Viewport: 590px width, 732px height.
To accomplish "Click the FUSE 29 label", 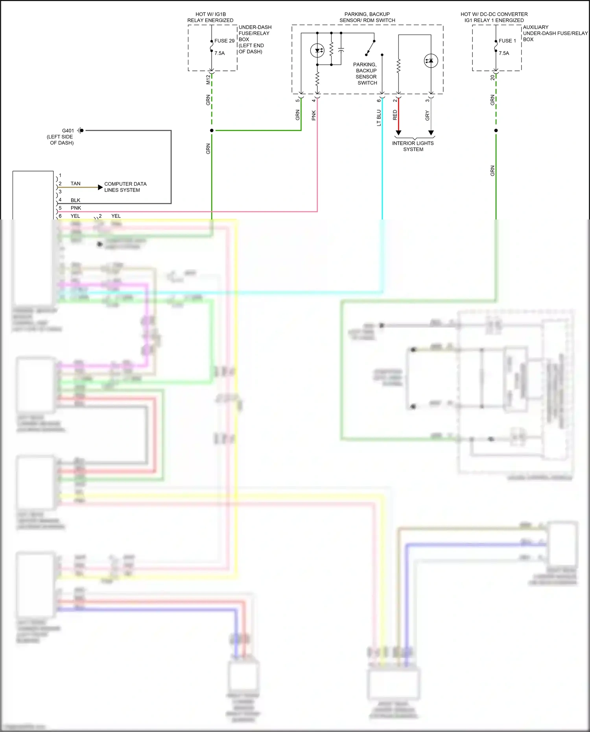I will tap(224, 41).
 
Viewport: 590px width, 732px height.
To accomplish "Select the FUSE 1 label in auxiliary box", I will tap(507, 41).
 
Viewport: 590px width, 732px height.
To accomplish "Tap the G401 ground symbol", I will tap(80, 130).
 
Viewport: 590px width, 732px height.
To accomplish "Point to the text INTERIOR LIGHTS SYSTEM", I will tap(413, 146).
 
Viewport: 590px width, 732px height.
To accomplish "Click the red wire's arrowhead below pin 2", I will tap(398, 133).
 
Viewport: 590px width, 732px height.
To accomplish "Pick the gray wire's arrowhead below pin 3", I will tap(431, 133).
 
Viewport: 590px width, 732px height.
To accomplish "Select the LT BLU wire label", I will tap(379, 118).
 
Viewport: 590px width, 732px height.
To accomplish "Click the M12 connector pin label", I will tap(208, 80).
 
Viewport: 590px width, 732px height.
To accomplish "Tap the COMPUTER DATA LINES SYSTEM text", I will tap(125, 187).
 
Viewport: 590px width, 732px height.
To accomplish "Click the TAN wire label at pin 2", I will tap(76, 184).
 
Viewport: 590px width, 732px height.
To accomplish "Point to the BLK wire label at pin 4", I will tap(76, 200).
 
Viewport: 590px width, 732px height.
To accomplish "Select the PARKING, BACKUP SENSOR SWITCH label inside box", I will tap(366, 74).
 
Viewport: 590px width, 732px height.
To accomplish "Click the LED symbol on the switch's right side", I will tap(431, 61).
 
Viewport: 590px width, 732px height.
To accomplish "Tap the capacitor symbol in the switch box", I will tap(341, 50).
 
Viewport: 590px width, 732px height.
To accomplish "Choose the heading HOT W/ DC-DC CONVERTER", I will tap(494, 14).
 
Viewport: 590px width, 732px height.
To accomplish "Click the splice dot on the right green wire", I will tap(496, 130).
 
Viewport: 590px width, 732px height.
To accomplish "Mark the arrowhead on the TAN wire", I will tap(100, 187).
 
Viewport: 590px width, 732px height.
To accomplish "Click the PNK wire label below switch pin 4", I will tap(314, 115).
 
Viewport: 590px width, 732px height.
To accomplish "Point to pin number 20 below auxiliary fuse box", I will tap(492, 78).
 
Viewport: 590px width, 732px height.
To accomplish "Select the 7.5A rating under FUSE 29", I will tap(219, 53).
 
